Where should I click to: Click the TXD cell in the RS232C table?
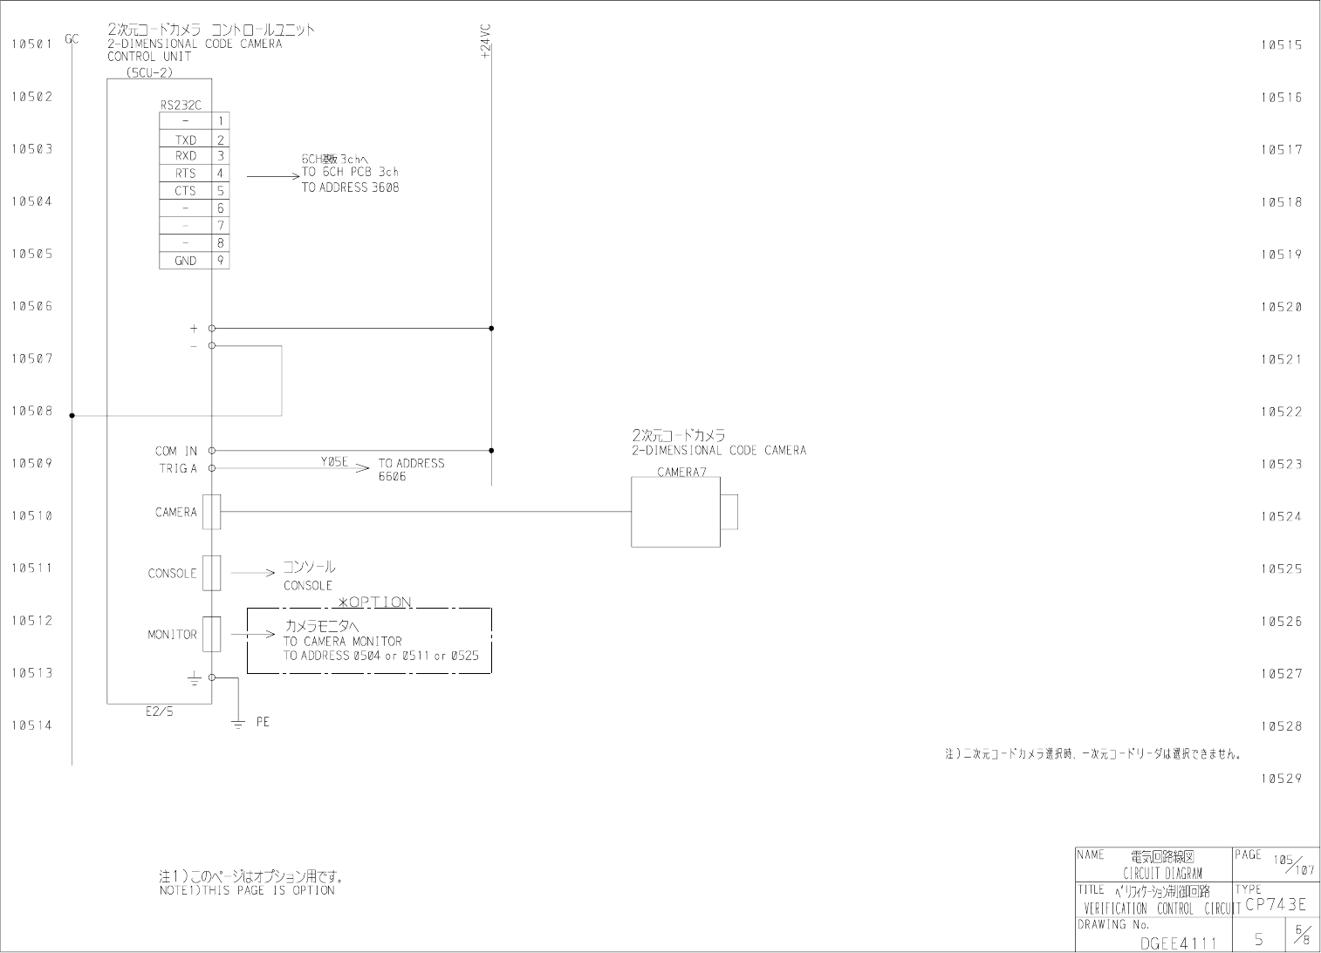click(x=186, y=140)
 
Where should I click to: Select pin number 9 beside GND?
click(x=221, y=260)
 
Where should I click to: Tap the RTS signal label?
click(x=186, y=174)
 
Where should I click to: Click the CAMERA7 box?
click(x=675, y=512)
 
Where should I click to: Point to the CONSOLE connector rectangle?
click(x=211, y=573)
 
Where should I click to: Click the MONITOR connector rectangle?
click(x=211, y=634)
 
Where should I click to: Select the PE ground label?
click(x=263, y=722)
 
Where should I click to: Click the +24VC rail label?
click(x=486, y=42)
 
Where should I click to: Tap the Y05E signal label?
click(x=334, y=462)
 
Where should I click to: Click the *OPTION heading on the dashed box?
click(x=374, y=602)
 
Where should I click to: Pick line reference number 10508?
click(x=31, y=411)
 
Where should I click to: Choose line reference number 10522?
click(x=1281, y=412)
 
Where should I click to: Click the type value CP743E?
click(x=1276, y=904)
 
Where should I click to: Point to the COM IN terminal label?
click(x=176, y=451)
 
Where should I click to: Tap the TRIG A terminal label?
click(x=178, y=468)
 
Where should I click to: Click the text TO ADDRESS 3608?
click(x=350, y=187)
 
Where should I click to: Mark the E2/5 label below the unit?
click(x=159, y=711)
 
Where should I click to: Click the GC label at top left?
click(x=72, y=38)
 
